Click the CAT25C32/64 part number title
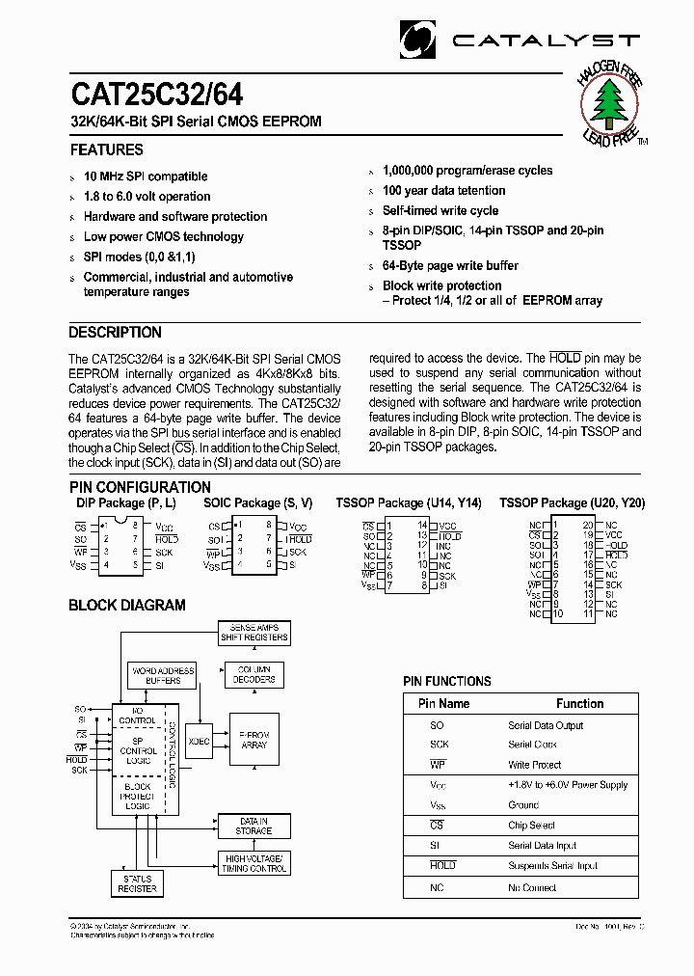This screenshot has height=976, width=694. pyautogui.click(x=156, y=94)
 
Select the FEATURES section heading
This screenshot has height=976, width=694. pyautogui.click(x=106, y=150)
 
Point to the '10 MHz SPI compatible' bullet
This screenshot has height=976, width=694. pyautogui.click(x=146, y=176)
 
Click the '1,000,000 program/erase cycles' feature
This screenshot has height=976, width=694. pyautogui.click(x=467, y=171)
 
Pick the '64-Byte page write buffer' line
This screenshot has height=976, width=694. pyautogui.click(x=450, y=265)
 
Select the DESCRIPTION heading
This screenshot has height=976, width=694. pyautogui.click(x=116, y=333)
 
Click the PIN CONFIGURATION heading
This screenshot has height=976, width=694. pyautogui.click(x=140, y=487)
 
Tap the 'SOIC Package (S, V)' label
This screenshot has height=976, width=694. pyautogui.click(x=258, y=503)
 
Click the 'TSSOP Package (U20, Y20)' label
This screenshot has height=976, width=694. pyautogui.click(x=573, y=503)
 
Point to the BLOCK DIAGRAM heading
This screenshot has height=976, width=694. pyautogui.click(x=127, y=606)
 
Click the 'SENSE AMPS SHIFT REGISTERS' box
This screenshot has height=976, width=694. pyautogui.click(x=254, y=633)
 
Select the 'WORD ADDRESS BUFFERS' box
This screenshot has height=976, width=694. pyautogui.click(x=163, y=675)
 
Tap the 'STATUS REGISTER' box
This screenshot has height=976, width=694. pyautogui.click(x=138, y=883)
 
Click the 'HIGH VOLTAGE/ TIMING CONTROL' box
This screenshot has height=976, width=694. pyautogui.click(x=254, y=863)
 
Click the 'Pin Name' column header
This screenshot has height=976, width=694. pyautogui.click(x=443, y=704)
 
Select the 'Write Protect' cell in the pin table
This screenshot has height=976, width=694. pyautogui.click(x=534, y=765)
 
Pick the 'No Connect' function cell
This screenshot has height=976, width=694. pyautogui.click(x=532, y=887)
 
